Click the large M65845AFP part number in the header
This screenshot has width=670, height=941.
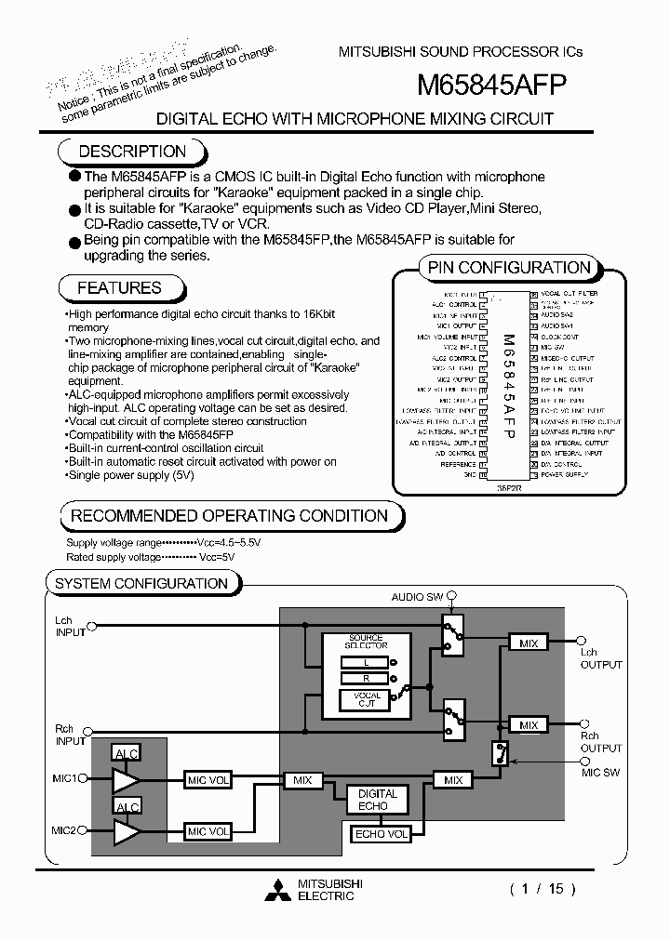490,86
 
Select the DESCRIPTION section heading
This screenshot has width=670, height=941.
132,152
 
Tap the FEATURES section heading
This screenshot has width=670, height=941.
119,288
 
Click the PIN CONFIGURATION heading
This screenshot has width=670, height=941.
509,268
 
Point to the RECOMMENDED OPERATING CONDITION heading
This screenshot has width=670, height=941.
229,515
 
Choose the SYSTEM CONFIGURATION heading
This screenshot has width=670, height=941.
141,583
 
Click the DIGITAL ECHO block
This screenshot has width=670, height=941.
378,800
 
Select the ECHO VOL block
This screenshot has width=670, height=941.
382,834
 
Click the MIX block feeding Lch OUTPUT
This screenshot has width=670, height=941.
529,643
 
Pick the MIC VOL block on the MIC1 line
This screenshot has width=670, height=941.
208,779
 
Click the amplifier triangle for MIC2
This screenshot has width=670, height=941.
126,831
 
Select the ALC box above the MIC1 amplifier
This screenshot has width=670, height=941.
126,752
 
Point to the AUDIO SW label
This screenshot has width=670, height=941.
416,597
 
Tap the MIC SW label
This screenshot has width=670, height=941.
601,773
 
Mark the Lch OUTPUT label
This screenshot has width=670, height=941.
601,658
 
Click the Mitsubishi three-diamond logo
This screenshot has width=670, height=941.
277,890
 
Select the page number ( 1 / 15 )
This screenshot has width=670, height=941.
543,889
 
